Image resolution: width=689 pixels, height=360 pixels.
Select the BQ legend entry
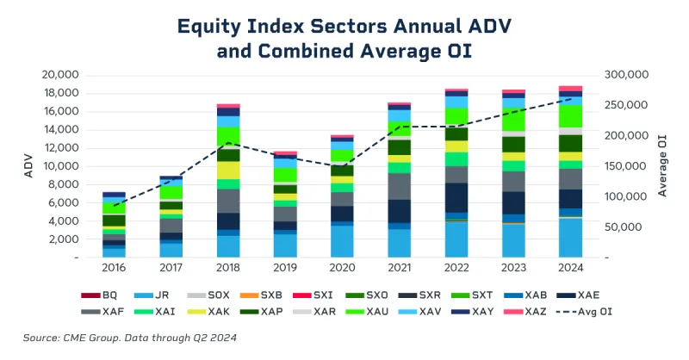(101, 295)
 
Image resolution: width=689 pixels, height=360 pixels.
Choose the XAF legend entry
(101, 310)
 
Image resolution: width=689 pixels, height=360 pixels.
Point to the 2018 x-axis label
(228, 270)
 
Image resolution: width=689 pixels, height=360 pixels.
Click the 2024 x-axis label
(571, 270)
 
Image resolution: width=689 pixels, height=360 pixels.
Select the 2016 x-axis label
(115, 270)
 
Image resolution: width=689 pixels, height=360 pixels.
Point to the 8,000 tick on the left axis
(65, 184)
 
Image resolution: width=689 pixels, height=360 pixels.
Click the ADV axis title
(29, 166)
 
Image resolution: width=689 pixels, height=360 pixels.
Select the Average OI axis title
(664, 166)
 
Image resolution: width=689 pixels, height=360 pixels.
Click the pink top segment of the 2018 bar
(228, 106)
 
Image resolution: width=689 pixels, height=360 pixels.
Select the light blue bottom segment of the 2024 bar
(571, 238)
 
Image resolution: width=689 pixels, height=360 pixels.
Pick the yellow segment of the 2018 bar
(228, 171)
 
